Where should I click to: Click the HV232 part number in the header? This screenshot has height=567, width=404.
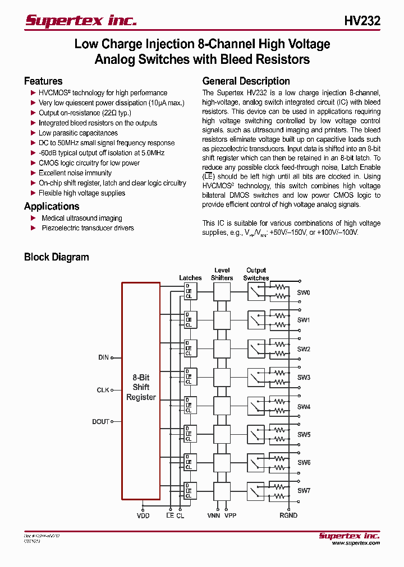(362, 21)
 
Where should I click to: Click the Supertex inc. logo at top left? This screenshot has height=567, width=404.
(81, 21)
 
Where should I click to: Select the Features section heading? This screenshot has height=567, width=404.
(43, 81)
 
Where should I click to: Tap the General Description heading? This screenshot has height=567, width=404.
(246, 81)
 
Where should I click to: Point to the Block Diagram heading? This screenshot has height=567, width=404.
(56, 257)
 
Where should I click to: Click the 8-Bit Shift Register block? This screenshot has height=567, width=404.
(141, 387)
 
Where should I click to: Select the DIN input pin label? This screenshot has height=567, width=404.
(103, 357)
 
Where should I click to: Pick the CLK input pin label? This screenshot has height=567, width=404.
(103, 390)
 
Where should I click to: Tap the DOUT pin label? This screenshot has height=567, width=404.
(100, 422)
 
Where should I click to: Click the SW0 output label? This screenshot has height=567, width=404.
(304, 292)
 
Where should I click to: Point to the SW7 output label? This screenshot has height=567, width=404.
(304, 491)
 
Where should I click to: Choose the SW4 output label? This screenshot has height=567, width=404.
(304, 407)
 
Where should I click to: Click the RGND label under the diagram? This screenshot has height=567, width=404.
(289, 515)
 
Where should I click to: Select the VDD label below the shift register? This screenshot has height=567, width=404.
(143, 515)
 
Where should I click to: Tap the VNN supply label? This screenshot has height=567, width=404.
(213, 515)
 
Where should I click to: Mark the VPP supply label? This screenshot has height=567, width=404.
(230, 515)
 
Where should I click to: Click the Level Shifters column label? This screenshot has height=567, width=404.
(222, 274)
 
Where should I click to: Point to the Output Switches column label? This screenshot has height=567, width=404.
(256, 274)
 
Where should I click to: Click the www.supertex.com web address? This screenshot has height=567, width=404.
(356, 543)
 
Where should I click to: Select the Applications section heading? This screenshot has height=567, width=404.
(52, 206)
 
